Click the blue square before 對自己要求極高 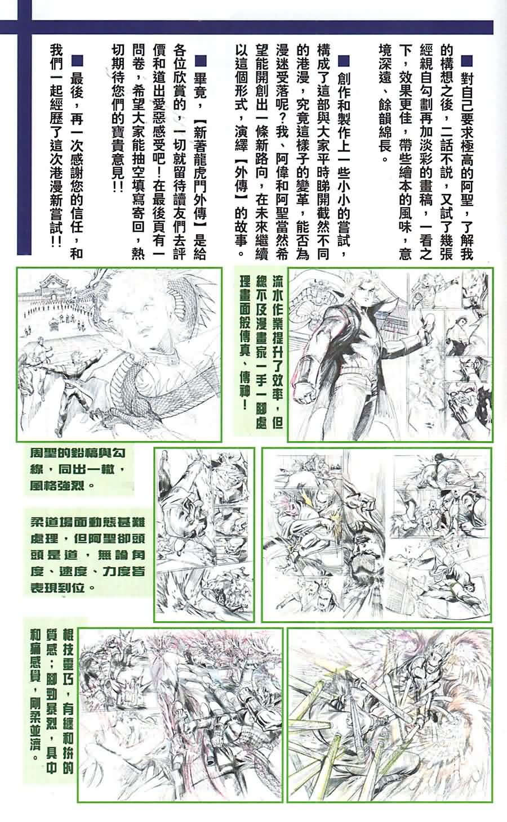(466, 61)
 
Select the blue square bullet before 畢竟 (200, 61)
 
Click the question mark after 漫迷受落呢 (282, 119)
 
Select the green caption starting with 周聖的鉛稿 (79, 469)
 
